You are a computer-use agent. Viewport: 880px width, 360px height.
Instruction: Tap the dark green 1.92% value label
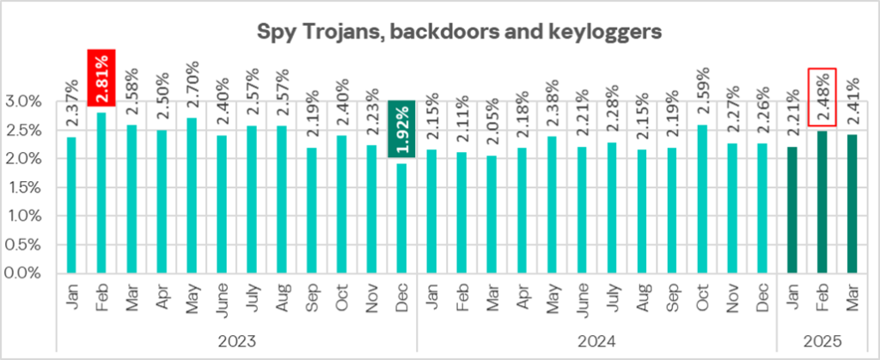(x=401, y=128)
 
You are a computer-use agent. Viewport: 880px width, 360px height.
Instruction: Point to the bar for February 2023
(x=101, y=192)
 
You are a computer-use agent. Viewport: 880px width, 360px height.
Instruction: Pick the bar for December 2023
(x=401, y=218)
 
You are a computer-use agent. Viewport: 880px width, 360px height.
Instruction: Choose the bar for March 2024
(x=492, y=215)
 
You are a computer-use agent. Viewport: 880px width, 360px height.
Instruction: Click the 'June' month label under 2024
(x=582, y=297)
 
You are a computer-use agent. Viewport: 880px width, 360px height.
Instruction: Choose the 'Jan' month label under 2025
(x=792, y=297)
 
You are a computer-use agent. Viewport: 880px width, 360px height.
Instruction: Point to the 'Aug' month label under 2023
(x=282, y=297)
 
